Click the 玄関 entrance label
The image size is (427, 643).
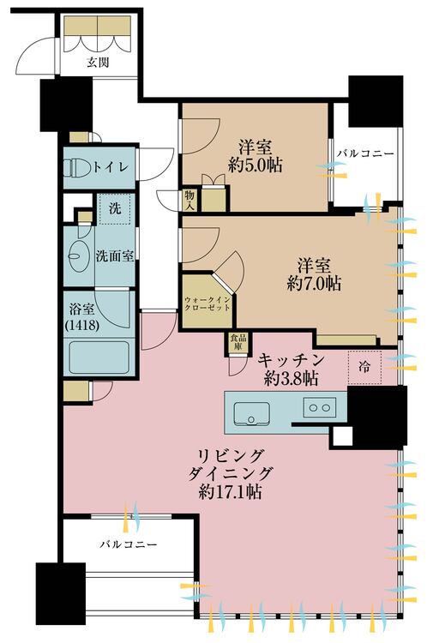[x=97, y=62]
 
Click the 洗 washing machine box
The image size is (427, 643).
[x=113, y=209]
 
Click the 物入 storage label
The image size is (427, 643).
[x=189, y=199]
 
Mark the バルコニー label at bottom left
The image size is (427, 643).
[x=126, y=544]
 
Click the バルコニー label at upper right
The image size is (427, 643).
[x=364, y=153]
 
